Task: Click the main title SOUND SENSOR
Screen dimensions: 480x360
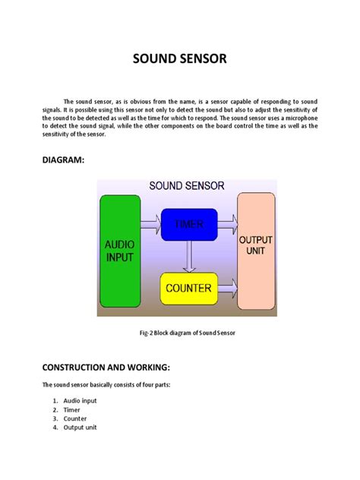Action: coord(180,58)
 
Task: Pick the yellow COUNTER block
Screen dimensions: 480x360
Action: coord(188,289)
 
